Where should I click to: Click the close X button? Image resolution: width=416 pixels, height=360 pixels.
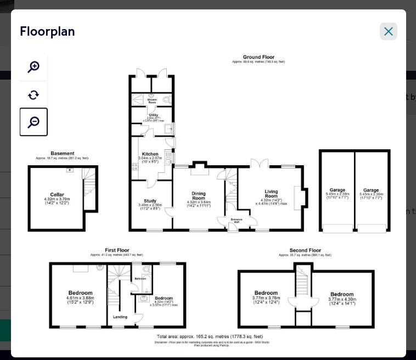click(x=388, y=32)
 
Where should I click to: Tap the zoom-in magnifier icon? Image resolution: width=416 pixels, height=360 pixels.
click(x=33, y=67)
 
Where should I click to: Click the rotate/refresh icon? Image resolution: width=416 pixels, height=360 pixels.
click(x=33, y=95)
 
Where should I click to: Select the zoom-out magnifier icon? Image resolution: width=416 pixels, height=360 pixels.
click(x=33, y=122)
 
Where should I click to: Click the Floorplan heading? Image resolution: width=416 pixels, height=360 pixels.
click(x=47, y=32)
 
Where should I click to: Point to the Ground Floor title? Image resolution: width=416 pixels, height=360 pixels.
click(x=258, y=57)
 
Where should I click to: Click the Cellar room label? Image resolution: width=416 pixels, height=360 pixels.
click(x=57, y=195)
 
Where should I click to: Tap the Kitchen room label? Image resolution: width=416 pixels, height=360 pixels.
click(x=150, y=154)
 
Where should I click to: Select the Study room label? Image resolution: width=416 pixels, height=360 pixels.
click(x=150, y=201)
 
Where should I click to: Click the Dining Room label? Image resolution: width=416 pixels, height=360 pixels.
click(x=198, y=196)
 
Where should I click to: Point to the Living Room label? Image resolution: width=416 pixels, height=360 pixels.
click(x=271, y=194)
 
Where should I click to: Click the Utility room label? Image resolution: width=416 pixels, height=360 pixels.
click(x=154, y=115)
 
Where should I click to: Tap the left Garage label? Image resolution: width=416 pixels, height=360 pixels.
click(x=337, y=190)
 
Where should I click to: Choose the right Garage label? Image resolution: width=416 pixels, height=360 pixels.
click(x=371, y=190)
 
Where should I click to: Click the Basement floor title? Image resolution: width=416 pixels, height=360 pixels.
click(x=62, y=154)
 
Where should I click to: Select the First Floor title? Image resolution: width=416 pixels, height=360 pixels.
click(x=117, y=250)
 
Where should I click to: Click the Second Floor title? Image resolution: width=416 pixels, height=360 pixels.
click(x=305, y=250)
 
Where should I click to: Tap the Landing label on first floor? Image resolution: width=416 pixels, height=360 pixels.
click(x=120, y=317)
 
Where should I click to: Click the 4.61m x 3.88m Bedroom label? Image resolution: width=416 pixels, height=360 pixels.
click(x=80, y=293)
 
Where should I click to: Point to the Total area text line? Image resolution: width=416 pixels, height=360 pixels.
click(x=210, y=336)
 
